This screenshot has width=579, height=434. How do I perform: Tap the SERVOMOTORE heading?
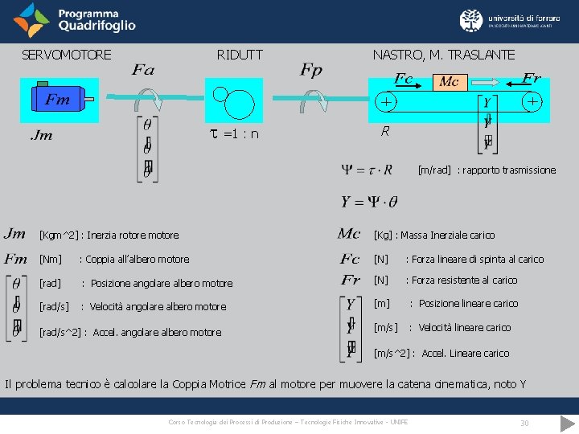pos(66,55)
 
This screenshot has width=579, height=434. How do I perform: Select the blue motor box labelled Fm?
pos(58,99)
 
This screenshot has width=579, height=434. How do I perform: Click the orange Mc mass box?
pos(448,82)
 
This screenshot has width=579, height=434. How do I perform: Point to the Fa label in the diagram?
pos(143,71)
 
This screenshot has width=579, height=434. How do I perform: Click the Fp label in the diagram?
pos(311,71)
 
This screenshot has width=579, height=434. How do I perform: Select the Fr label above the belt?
pos(531,78)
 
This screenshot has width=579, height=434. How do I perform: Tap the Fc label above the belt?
pos(404,79)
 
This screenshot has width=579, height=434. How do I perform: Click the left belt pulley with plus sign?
pos(387,102)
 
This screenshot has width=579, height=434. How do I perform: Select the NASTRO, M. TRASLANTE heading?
pos(444,55)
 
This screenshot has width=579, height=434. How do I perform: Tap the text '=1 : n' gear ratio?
pos(240,133)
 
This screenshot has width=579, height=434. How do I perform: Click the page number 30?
pos(524,423)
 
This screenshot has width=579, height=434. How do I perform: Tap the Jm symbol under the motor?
pos(41,135)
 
